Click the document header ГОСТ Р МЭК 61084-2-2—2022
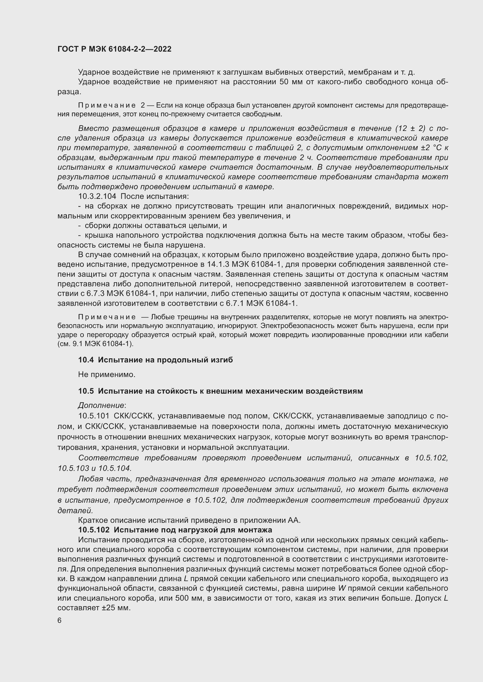pyautogui.click(x=114, y=49)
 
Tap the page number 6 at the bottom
pyautogui.click(x=60, y=620)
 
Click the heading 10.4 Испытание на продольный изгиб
pyautogui.click(x=155, y=360)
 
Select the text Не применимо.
pyautogui.click(x=107, y=375)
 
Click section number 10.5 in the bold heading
pyautogui.click(x=86, y=391)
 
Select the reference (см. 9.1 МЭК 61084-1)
pyautogui.click(x=95, y=344)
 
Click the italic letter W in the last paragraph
pyautogui.click(x=341, y=588)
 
